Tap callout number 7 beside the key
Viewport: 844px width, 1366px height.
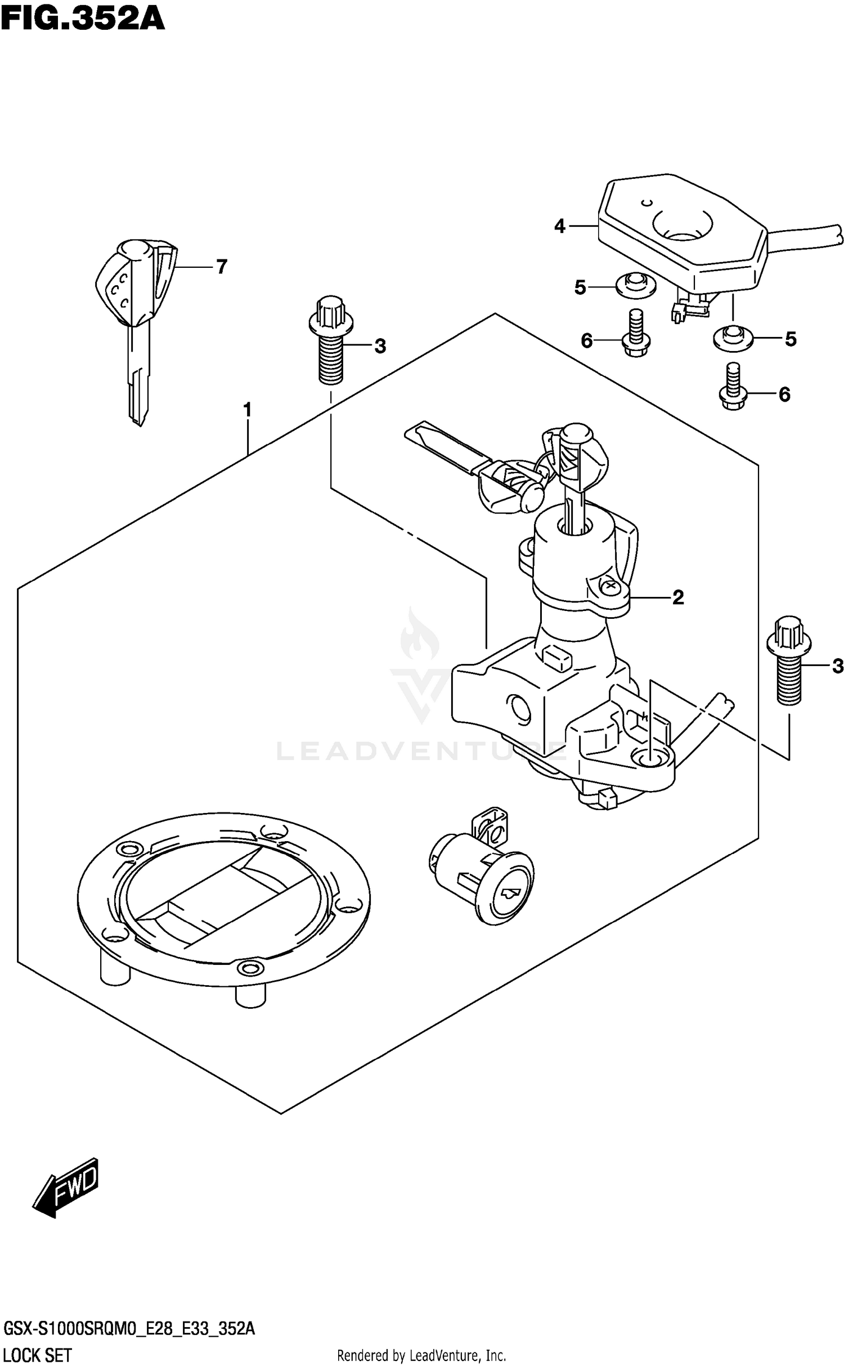pyautogui.click(x=222, y=267)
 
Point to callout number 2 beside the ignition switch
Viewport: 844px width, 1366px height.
pyautogui.click(x=678, y=597)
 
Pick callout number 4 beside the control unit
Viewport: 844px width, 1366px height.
pyautogui.click(x=559, y=226)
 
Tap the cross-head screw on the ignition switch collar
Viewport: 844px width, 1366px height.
pyautogui.click(x=609, y=587)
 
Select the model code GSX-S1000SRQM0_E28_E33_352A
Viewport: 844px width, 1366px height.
pyautogui.click(x=128, y=1329)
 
